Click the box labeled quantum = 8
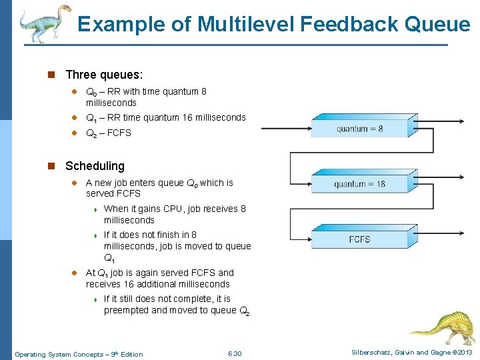click(359, 129)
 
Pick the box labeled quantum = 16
click(359, 184)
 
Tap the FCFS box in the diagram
click(359, 239)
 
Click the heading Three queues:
click(104, 75)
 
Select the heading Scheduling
click(95, 166)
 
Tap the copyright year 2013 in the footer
click(464, 353)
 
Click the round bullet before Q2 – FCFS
click(75, 133)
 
